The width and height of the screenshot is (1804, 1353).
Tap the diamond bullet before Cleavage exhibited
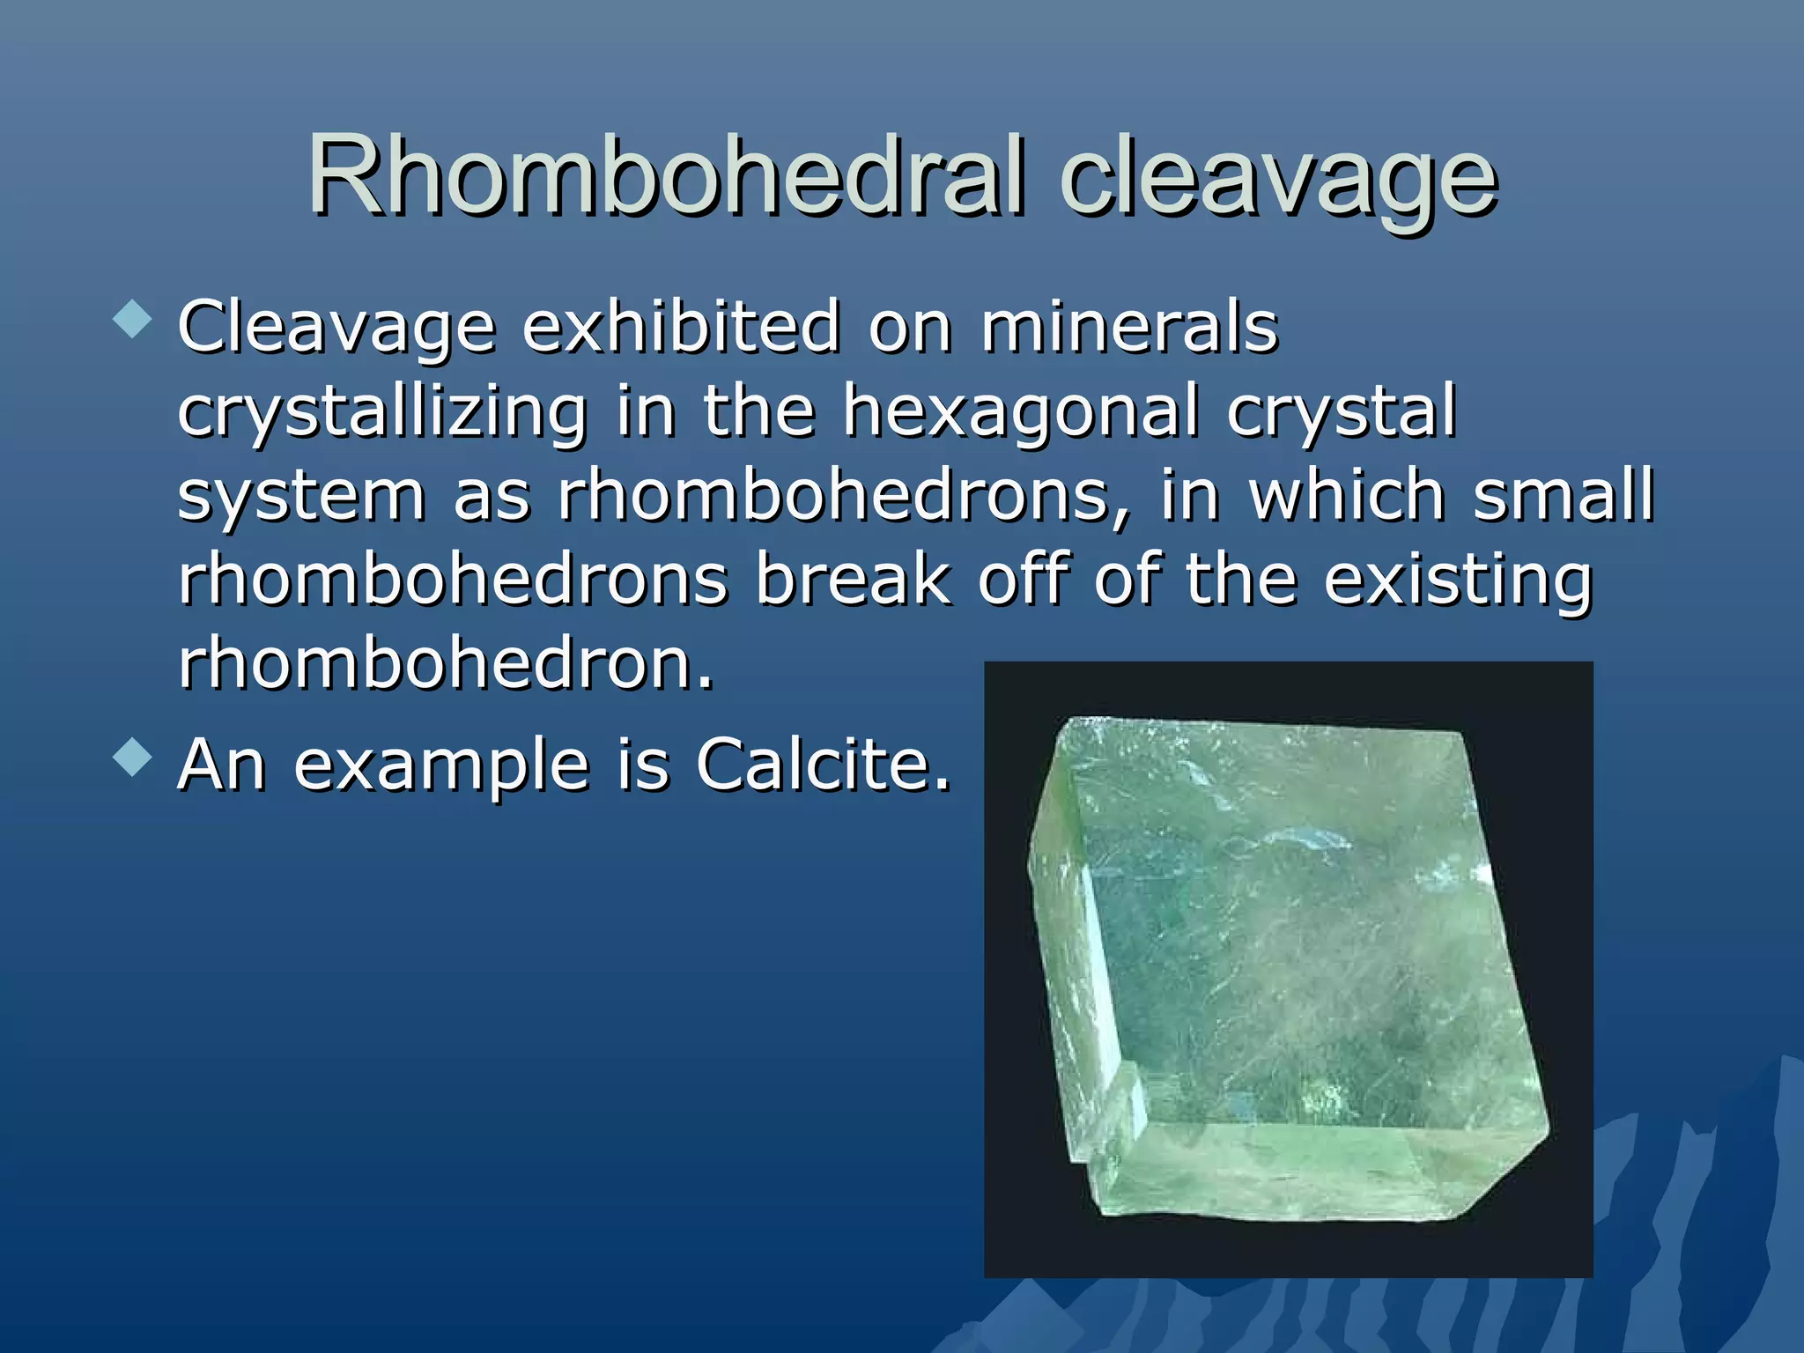(133, 319)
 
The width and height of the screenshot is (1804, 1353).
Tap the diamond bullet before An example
(133, 757)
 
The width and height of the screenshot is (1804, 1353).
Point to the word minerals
(1129, 326)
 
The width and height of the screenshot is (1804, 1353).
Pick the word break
(854, 579)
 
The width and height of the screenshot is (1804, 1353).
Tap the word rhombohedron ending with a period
(445, 663)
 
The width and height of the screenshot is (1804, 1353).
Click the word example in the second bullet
(441, 766)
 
